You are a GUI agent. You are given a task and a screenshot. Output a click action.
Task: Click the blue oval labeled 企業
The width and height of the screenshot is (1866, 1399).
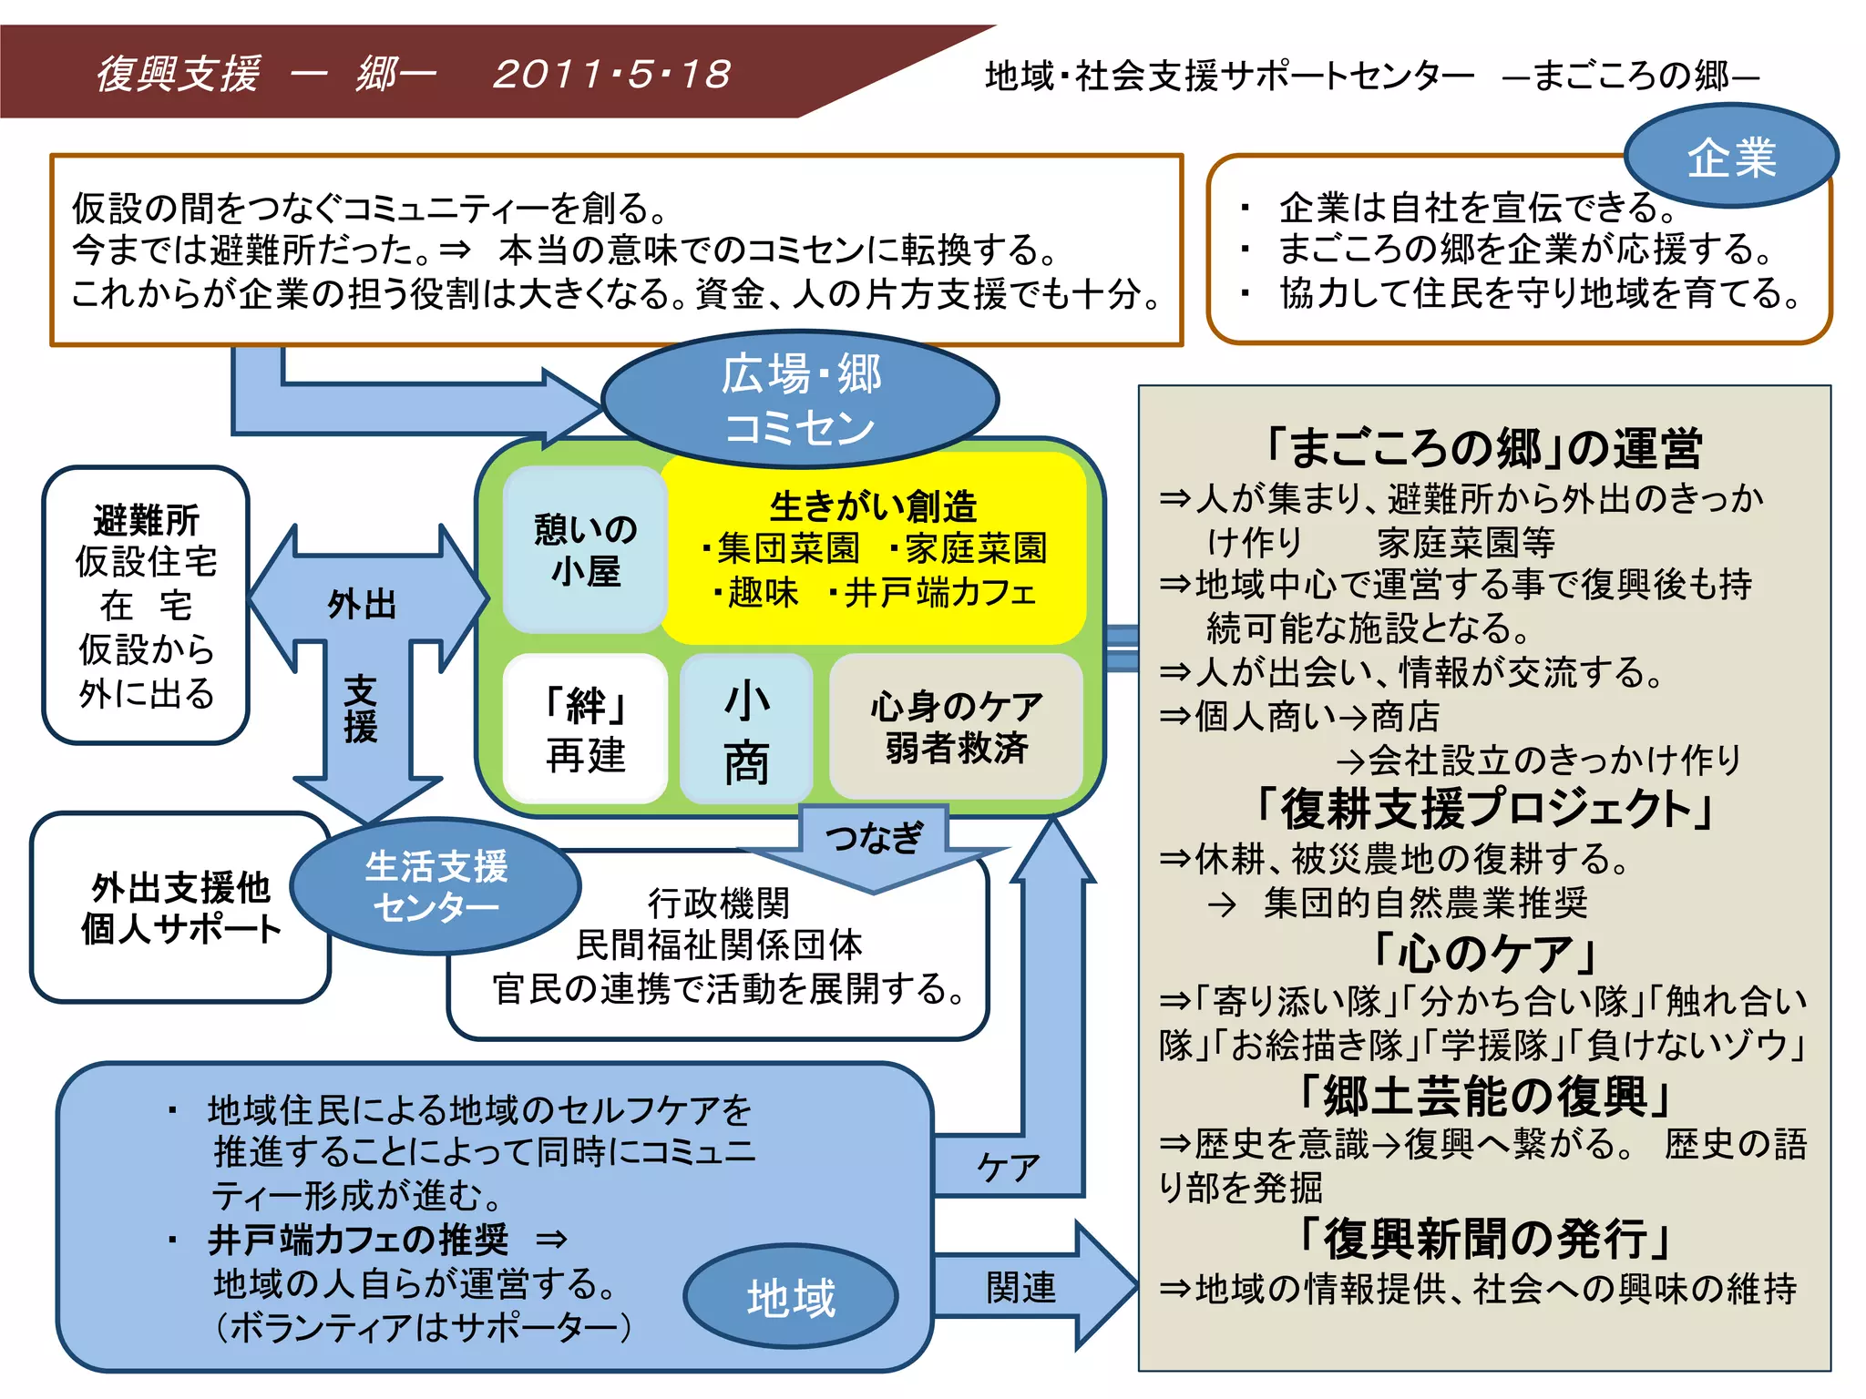1730,157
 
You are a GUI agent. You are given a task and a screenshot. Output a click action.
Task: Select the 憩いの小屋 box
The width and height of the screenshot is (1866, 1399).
585,549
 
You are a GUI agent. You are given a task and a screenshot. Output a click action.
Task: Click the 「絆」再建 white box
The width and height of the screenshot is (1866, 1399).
585,729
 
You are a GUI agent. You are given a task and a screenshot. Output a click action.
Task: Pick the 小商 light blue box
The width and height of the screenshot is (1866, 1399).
746,730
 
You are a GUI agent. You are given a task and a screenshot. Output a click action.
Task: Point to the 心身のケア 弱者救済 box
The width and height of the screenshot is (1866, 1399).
956,727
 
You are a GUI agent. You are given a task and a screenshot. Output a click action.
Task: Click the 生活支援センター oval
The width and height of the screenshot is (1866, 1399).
436,886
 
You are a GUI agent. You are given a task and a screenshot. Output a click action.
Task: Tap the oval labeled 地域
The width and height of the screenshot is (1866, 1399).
790,1297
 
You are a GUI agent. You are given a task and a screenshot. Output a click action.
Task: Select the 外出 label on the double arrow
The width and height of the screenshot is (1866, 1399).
362,603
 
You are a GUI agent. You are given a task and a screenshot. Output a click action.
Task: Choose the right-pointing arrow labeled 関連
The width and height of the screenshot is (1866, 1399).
1021,1287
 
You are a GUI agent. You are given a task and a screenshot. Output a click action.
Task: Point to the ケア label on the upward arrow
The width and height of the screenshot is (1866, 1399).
1008,1166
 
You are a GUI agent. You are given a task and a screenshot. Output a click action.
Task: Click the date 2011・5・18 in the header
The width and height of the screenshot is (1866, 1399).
611,74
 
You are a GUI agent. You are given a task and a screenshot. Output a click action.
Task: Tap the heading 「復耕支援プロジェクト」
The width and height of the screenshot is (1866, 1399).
1483,808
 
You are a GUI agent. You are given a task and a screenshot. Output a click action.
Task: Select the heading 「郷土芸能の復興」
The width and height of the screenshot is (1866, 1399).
1483,1096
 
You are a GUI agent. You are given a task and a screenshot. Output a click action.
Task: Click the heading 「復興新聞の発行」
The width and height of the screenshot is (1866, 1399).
1483,1238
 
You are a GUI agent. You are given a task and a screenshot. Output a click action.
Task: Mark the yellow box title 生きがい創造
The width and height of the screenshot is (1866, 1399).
873,505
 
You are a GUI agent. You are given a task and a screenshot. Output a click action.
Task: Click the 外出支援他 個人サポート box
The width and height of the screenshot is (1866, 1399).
180,908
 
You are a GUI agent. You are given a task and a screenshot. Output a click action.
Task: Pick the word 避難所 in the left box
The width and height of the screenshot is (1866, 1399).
146,520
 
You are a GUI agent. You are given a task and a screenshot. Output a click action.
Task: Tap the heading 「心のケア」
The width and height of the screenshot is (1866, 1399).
1483,953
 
